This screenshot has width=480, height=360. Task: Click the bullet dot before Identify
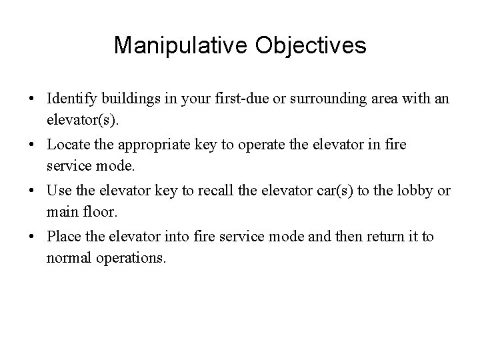click(32, 99)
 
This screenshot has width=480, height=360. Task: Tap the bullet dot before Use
click(32, 191)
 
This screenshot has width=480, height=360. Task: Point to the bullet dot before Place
click(32, 236)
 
